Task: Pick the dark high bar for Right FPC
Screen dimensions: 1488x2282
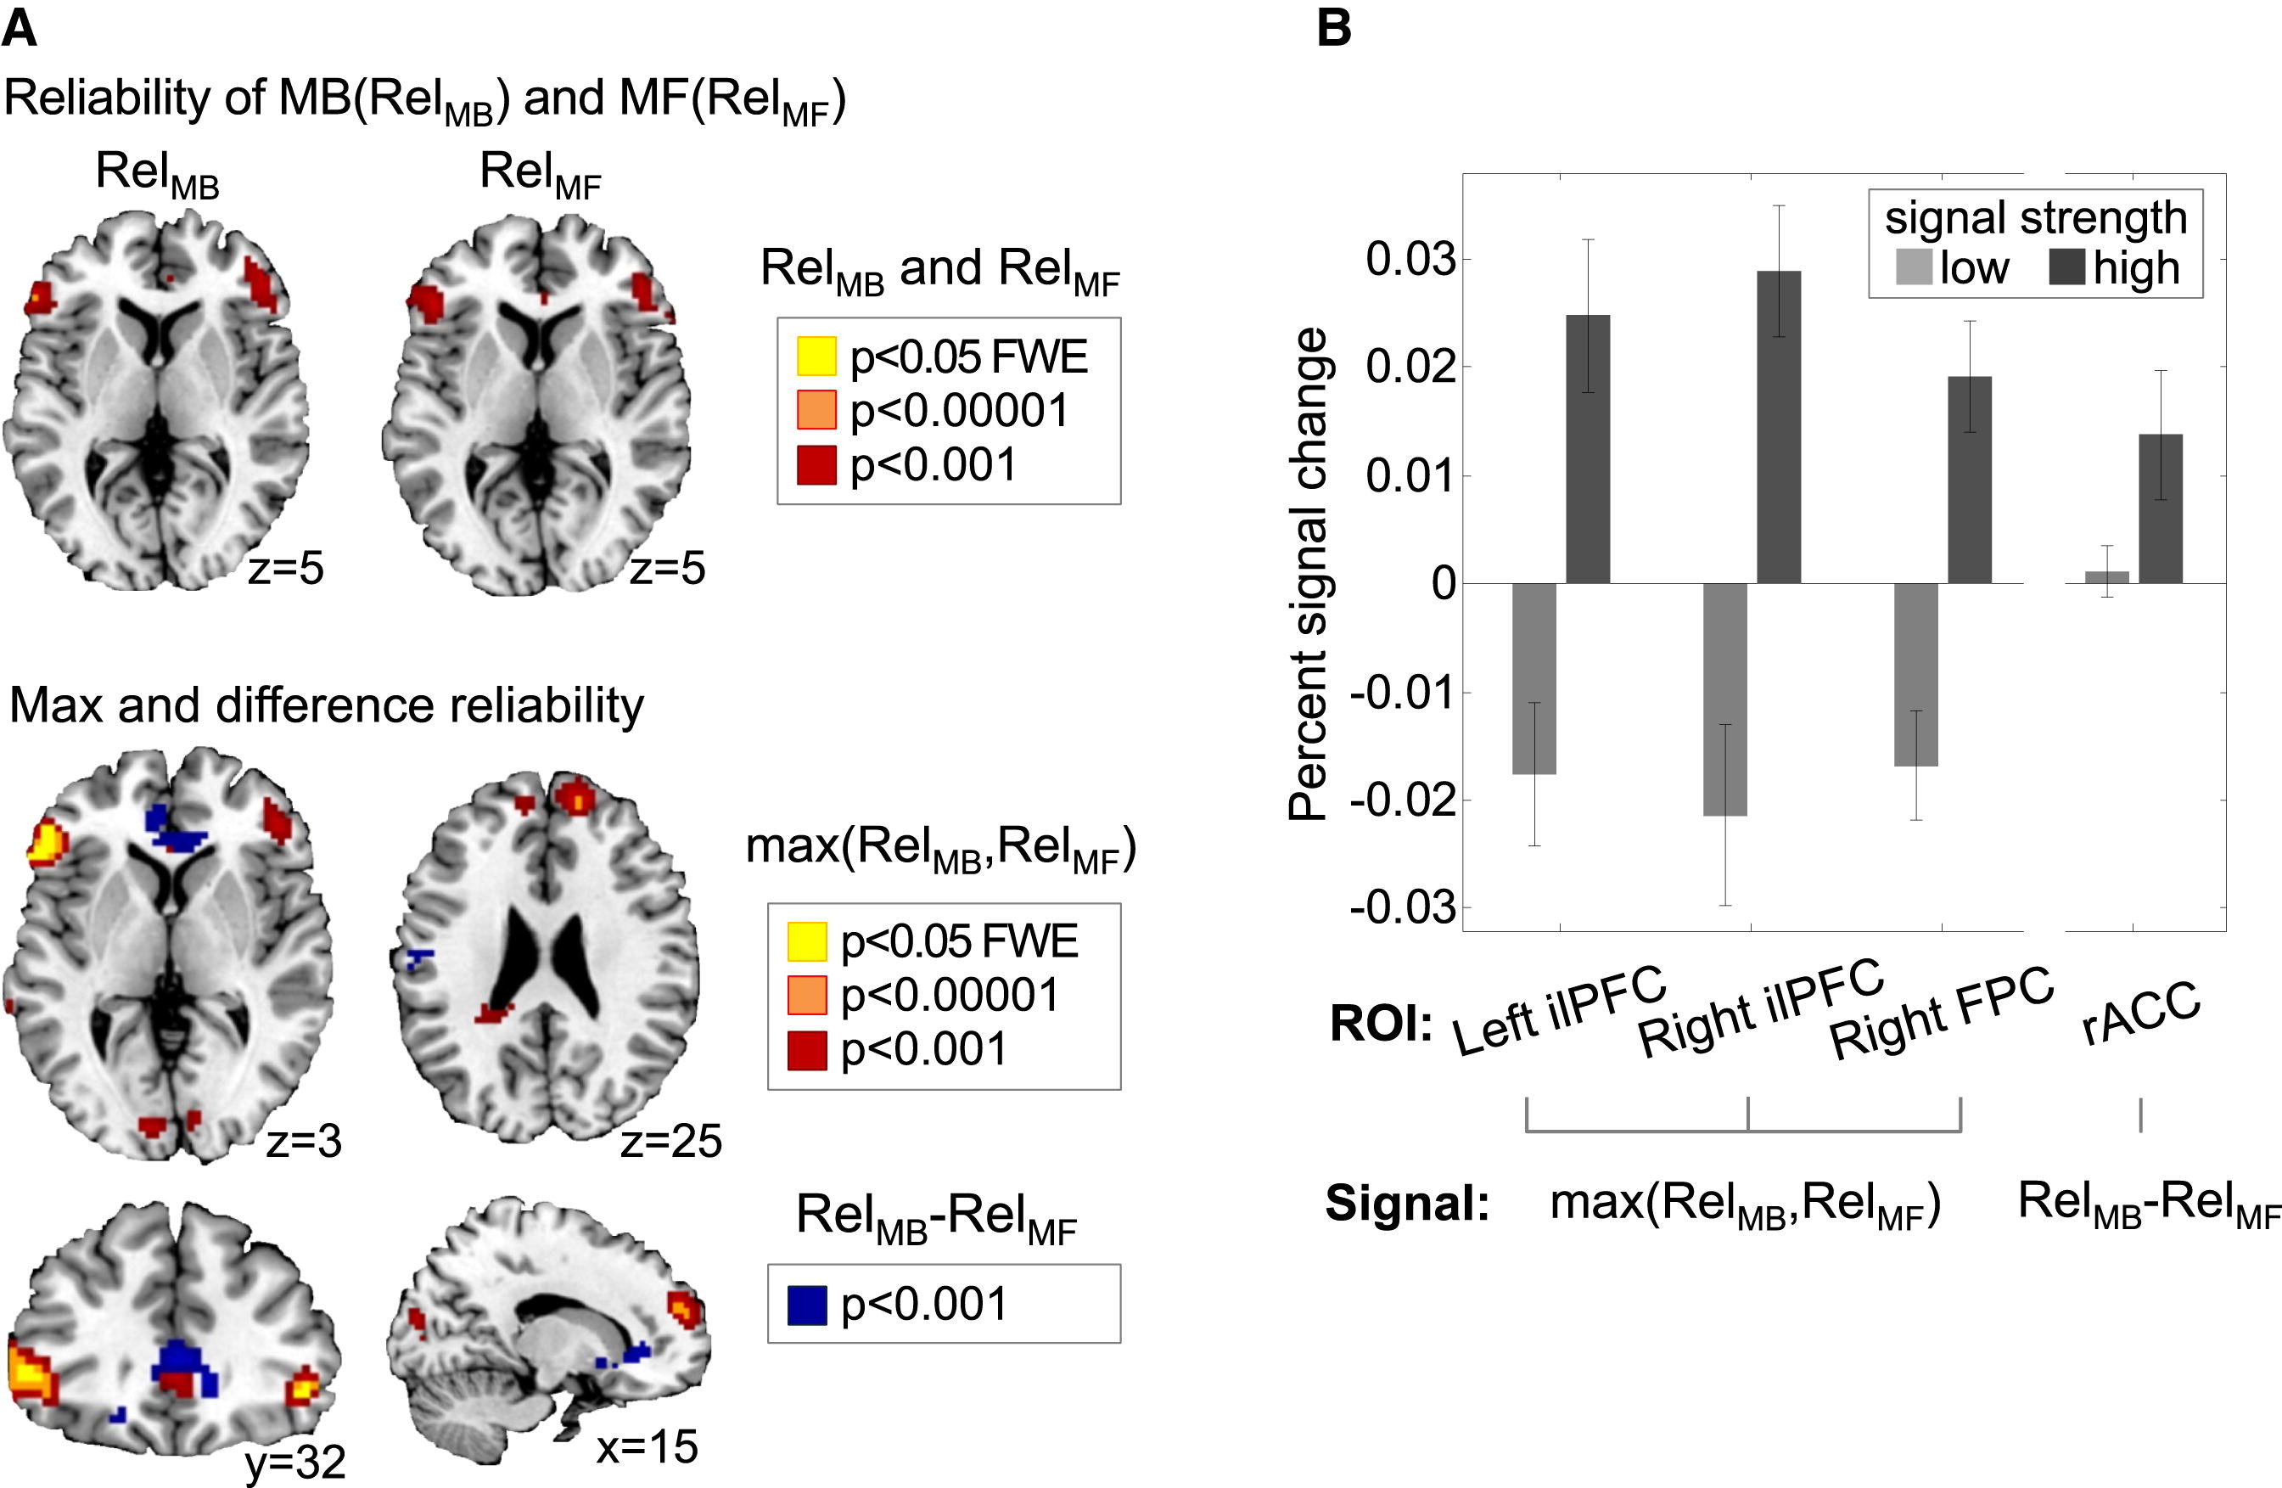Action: click(1970, 480)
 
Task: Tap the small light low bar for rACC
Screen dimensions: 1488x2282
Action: click(2106, 577)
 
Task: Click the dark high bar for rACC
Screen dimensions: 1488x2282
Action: click(2161, 508)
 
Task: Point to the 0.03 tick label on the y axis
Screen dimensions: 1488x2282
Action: click(1410, 259)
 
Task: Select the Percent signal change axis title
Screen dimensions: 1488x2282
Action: click(1308, 576)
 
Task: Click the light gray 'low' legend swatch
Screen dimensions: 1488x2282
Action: click(1913, 267)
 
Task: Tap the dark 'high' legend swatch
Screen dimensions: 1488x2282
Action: click(2068, 267)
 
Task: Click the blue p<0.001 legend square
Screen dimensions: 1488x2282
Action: click(806, 1306)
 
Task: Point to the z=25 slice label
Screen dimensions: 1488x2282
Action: click(670, 1141)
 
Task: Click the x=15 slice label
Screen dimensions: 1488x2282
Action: click(648, 1446)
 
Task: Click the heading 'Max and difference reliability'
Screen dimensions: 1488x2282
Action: click(326, 706)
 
